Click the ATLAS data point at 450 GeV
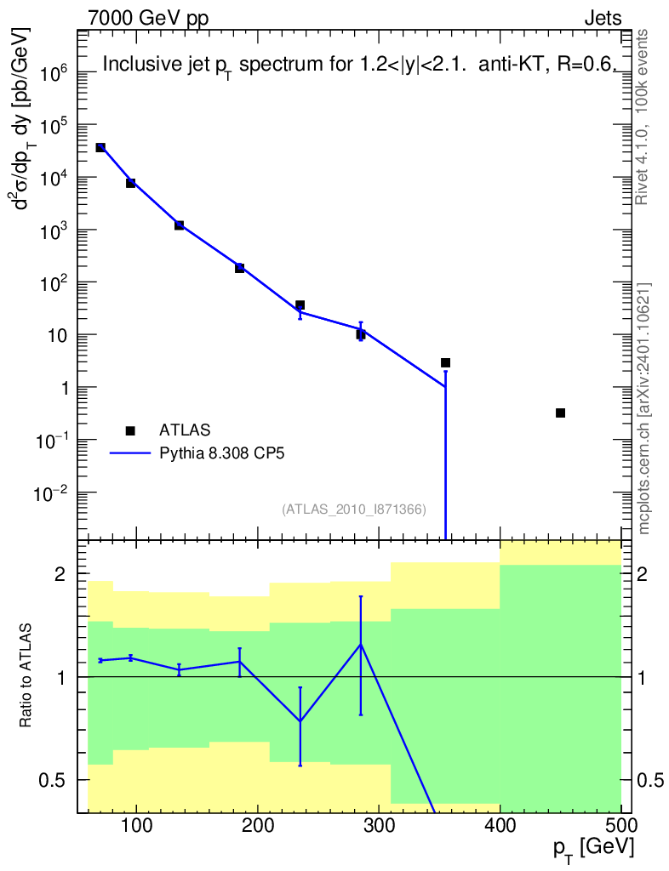click(x=560, y=413)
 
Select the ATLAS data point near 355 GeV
click(x=445, y=362)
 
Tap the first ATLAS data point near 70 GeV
click(x=100, y=147)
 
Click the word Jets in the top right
click(x=602, y=18)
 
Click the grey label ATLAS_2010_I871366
click(x=353, y=509)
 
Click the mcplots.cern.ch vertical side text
click(x=644, y=408)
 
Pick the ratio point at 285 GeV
click(x=361, y=645)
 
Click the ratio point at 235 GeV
click(x=300, y=721)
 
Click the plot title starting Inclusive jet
click(x=357, y=65)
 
